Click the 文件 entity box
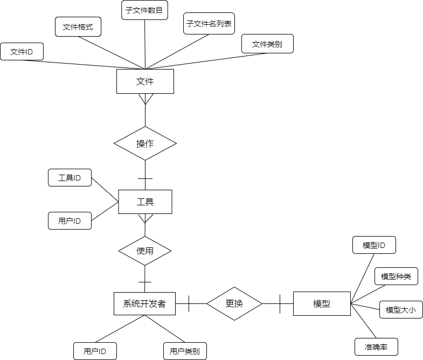tap(145, 81)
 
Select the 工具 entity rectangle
tap(145, 202)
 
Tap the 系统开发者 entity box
tap(144, 303)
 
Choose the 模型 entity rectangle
tap(322, 303)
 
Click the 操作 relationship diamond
tap(145, 143)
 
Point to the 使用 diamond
tap(145, 251)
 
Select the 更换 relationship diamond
tap(234, 303)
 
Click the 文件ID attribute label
tap(22, 52)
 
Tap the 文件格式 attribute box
tap(78, 27)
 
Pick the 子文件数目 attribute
tap(144, 10)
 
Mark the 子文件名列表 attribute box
tap(209, 24)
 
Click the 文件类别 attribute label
tap(267, 44)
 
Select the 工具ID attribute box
tap(70, 178)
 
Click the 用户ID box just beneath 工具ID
tap(70, 221)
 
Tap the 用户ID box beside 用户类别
tap(95, 351)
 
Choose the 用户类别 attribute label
tap(185, 351)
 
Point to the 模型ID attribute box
tap(374, 245)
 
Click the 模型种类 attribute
tap(396, 276)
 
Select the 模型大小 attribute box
tap(401, 310)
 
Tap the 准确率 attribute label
tap(376, 347)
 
